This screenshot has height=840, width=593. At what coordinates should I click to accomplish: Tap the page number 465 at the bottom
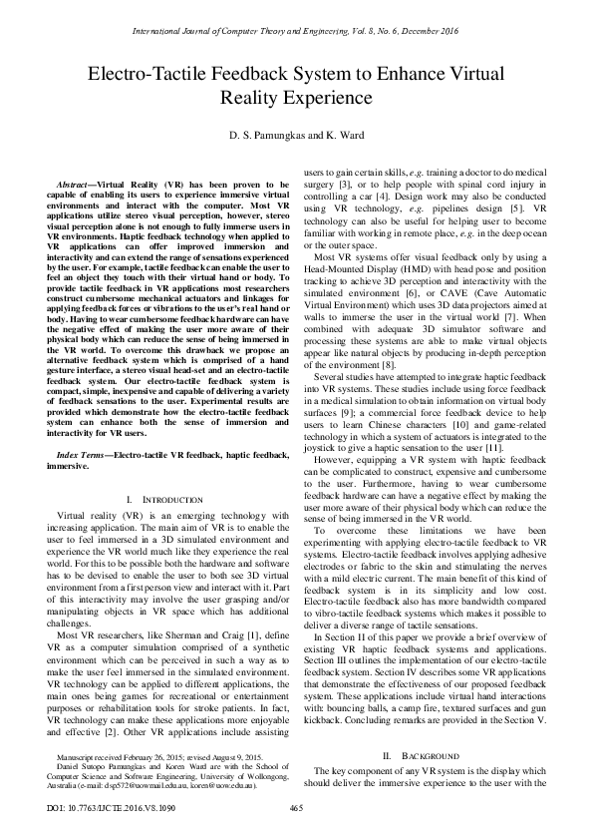296,806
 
